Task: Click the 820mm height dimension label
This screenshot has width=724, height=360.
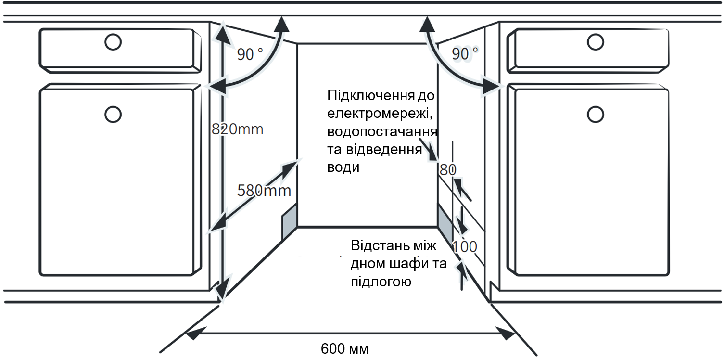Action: (x=237, y=129)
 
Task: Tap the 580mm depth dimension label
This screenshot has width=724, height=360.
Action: (x=264, y=191)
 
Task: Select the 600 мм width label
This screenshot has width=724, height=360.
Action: (x=344, y=349)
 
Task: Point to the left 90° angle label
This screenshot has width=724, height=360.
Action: (x=250, y=54)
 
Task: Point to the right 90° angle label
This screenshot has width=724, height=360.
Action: (x=465, y=53)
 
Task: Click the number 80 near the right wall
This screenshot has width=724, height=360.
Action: (x=448, y=170)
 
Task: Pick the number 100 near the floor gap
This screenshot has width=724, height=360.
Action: (x=464, y=247)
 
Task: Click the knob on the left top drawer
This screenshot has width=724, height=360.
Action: (x=113, y=42)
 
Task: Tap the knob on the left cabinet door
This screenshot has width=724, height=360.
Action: (x=113, y=115)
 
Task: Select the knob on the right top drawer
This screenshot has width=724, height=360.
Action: (x=596, y=42)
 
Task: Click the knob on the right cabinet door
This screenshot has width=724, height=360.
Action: (x=596, y=115)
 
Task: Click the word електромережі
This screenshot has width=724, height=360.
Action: (x=380, y=114)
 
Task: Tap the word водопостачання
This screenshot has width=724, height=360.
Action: (x=382, y=132)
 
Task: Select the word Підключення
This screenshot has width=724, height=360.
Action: (x=371, y=96)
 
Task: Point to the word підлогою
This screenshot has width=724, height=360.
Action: (x=381, y=282)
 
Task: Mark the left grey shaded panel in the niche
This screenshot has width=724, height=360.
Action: (x=289, y=221)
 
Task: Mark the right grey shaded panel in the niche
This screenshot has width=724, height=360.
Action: (x=445, y=224)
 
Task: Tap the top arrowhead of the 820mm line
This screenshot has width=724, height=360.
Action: (x=223, y=34)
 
